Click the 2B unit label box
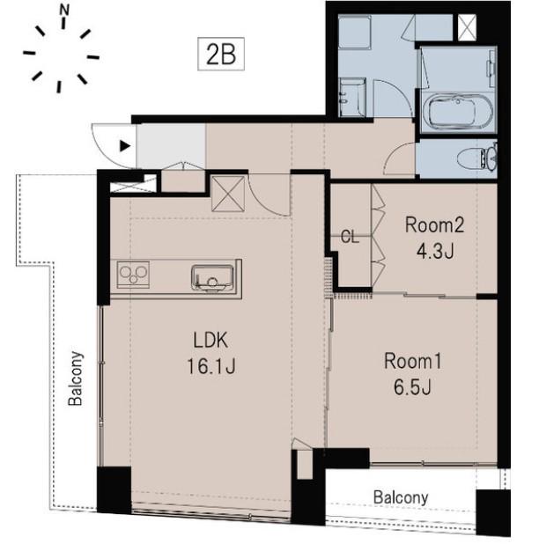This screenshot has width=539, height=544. [x=221, y=54]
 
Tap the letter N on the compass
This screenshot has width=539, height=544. [x=64, y=10]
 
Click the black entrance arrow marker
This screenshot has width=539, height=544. [x=125, y=146]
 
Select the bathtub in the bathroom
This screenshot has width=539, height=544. [x=457, y=112]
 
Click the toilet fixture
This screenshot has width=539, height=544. [x=476, y=159]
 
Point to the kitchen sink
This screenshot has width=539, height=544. [x=212, y=277]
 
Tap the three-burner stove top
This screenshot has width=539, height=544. [x=133, y=275]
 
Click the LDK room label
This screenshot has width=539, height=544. [x=210, y=341]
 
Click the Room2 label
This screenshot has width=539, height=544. [x=434, y=224]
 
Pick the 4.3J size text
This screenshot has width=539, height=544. [x=435, y=251]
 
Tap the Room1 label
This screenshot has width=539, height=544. [x=413, y=361]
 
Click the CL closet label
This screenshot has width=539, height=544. [x=350, y=237]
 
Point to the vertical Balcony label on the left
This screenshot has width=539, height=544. [x=76, y=379]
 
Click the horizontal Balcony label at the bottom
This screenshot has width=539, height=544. [x=401, y=498]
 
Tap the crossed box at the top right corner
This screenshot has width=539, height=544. [x=467, y=27]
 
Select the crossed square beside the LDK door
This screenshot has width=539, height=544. [x=228, y=194]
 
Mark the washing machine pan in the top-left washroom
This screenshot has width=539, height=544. [x=354, y=32]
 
